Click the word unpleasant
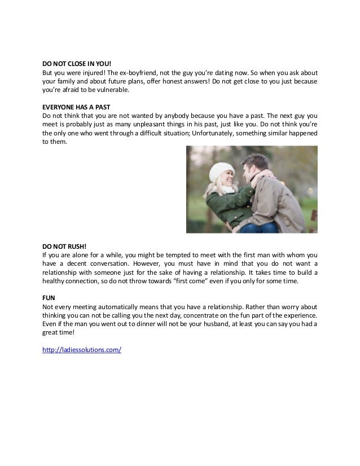coord(147,125)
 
